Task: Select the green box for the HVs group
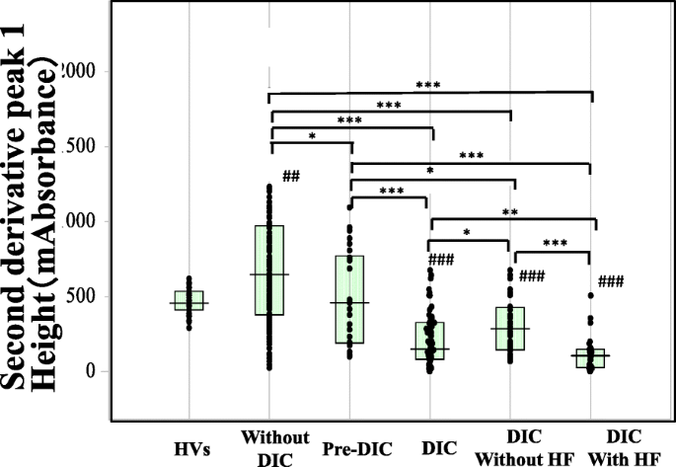(x=189, y=300)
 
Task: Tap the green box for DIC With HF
(x=590, y=357)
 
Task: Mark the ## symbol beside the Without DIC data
(x=291, y=177)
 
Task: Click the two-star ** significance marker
(x=510, y=212)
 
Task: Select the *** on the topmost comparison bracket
(x=427, y=86)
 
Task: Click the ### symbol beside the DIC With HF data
(x=611, y=281)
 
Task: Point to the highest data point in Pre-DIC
(x=349, y=206)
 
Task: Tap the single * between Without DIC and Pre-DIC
(x=311, y=136)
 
